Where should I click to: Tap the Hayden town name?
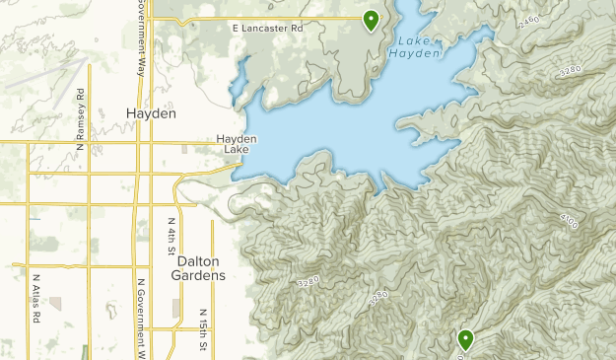[152, 113]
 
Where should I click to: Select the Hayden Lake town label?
[237, 144]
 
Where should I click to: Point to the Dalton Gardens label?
[201, 267]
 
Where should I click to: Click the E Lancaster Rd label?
[267, 29]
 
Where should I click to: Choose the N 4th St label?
[171, 237]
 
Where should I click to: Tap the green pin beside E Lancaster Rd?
[371, 19]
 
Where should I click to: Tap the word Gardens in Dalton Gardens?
[201, 275]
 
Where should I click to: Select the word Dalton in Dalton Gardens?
[197, 260]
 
